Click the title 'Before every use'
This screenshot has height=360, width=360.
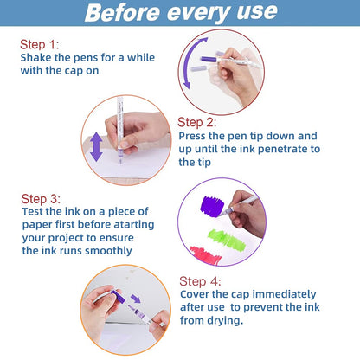coord(179,13)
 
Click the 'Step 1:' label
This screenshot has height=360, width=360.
coord(41,43)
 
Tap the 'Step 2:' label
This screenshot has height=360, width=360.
coord(198,123)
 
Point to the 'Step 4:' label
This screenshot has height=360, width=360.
coord(201,280)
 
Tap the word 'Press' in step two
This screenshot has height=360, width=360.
coord(195,136)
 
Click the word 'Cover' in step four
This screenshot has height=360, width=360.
coord(196,294)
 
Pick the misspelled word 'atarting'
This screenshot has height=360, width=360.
coord(134,223)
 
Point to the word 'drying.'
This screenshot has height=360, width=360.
coord(218,320)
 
